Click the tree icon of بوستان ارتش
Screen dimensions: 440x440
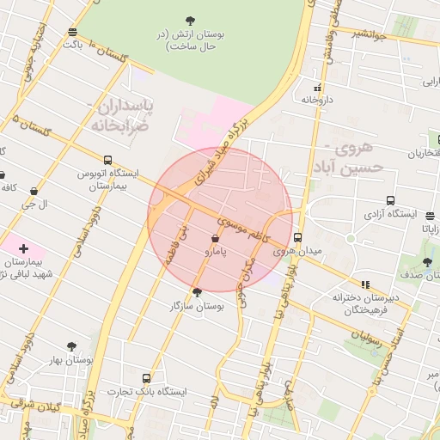pyautogui.click(x=189, y=20)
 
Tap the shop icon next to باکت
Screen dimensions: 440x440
pyautogui.click(x=70, y=33)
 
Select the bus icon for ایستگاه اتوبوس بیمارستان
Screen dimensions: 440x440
pyautogui.click(x=107, y=160)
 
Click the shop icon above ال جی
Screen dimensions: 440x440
pyautogui.click(x=34, y=191)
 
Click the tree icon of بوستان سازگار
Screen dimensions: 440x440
pyautogui.click(x=197, y=292)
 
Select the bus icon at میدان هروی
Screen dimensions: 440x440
pyautogui.click(x=298, y=237)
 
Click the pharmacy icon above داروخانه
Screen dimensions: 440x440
pyautogui.click(x=318, y=87)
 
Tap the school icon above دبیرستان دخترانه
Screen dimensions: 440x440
pyautogui.click(x=365, y=284)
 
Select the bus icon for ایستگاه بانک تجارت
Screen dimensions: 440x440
pyautogui.click(x=146, y=378)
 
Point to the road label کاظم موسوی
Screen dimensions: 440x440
pyautogui.click(x=243, y=228)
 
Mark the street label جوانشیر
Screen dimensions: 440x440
pyautogui.click(x=369, y=34)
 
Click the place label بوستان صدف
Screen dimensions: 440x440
pyautogui.click(x=417, y=277)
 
